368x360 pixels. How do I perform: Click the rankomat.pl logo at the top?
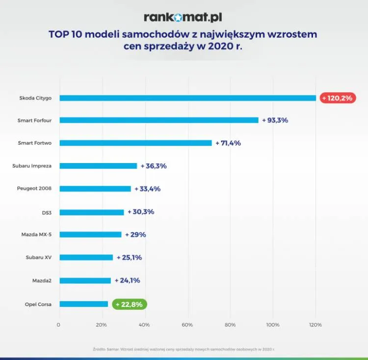(183, 17)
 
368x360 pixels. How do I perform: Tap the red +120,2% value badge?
(338, 98)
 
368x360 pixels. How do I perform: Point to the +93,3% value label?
(275, 120)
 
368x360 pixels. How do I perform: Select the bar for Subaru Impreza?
(98, 166)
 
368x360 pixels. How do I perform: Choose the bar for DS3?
(91, 212)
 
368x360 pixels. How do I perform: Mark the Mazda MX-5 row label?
(36, 235)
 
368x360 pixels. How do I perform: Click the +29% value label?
(135, 235)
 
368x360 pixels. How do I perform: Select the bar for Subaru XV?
(86, 257)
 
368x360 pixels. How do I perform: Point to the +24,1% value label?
(127, 280)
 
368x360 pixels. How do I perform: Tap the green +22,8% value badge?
(129, 304)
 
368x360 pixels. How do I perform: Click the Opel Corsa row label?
(39, 304)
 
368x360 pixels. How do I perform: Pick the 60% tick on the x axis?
(187, 325)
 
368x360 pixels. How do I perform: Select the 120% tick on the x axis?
(315, 325)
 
